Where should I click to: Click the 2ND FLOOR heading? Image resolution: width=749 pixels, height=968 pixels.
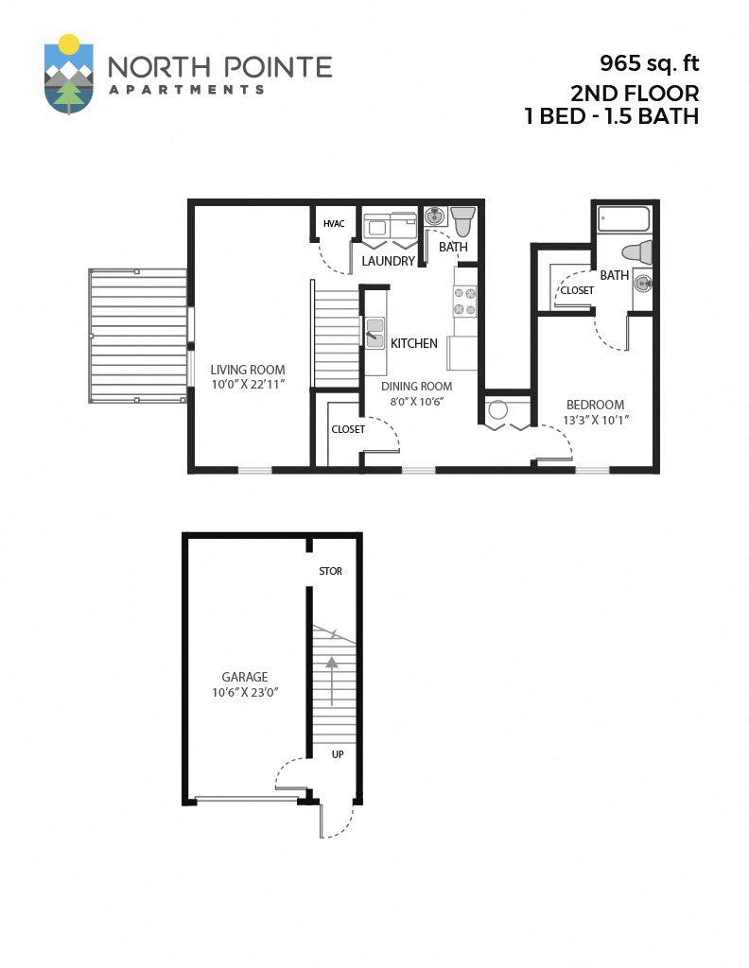635,93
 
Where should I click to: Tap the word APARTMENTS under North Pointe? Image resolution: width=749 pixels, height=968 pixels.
185,90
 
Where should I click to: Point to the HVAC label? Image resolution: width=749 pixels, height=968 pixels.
333,224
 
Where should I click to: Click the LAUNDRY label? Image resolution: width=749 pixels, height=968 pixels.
389,261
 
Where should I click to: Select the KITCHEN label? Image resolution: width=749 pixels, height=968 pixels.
414,343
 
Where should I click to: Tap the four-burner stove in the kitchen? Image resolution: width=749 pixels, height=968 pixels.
464,301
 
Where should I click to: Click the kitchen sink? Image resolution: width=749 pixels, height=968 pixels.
374,333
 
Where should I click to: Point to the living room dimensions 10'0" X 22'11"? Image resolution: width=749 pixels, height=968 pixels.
248,386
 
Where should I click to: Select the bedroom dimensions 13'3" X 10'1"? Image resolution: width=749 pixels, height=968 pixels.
596,420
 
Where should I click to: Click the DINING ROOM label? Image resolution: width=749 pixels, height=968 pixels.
416,386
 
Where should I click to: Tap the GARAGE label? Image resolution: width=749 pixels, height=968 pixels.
245,677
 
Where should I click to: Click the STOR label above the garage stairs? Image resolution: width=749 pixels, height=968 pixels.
330,571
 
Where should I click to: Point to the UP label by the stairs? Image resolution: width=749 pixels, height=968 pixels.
337,754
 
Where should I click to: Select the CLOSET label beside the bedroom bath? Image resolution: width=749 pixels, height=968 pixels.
577,290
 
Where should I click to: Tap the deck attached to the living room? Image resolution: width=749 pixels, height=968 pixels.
138,337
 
